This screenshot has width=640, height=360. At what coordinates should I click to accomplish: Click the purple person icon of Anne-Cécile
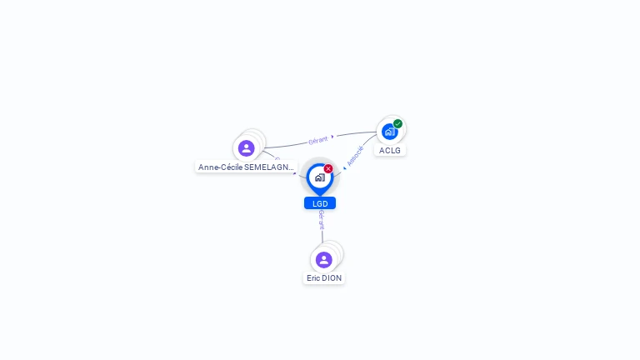(x=246, y=148)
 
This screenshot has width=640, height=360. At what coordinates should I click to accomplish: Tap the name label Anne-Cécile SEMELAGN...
(x=246, y=167)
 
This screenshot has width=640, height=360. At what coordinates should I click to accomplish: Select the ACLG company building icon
(x=389, y=131)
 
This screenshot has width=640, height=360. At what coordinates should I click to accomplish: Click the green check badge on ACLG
(x=398, y=124)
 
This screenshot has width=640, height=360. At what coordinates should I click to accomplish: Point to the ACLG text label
(x=390, y=151)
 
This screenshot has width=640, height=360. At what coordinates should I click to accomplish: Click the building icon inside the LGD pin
(x=319, y=177)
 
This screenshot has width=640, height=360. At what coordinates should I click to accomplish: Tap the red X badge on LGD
(x=328, y=168)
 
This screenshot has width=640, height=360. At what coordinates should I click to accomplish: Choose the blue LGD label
(x=320, y=203)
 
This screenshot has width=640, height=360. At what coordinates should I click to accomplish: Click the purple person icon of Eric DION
(x=324, y=259)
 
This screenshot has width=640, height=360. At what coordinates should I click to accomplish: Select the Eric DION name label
(x=324, y=278)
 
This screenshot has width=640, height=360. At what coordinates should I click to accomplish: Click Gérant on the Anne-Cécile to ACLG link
(x=318, y=140)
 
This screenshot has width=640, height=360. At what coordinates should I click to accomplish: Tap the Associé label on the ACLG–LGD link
(x=355, y=156)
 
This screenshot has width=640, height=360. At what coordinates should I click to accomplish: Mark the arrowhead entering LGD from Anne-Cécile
(x=296, y=174)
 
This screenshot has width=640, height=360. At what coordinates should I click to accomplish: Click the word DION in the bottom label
(x=332, y=278)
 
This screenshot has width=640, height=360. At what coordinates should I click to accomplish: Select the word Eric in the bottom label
(x=313, y=278)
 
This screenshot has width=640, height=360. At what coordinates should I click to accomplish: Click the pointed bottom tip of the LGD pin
(x=320, y=195)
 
